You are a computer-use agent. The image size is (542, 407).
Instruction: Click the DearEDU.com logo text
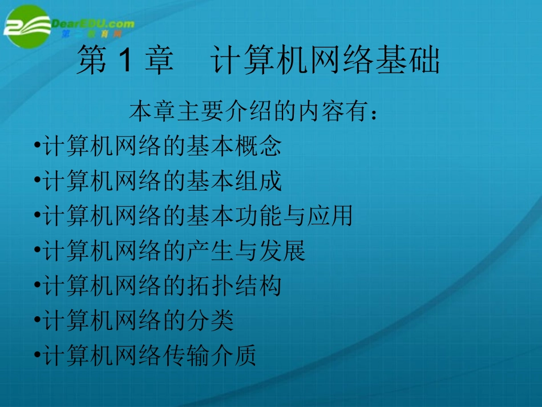(93, 24)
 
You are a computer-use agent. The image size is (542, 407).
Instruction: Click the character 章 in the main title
(159, 62)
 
